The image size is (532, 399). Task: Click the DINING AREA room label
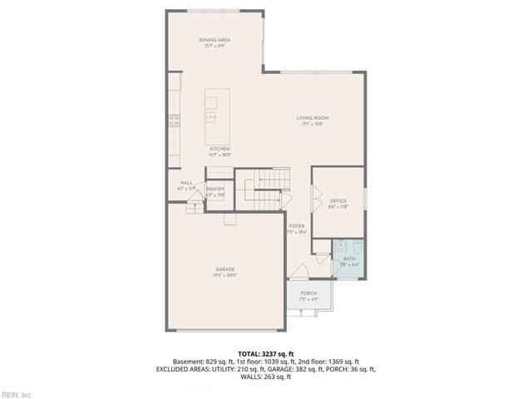tap(214, 40)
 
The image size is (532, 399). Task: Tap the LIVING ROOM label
tap(313, 118)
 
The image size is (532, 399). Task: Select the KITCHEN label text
tap(219, 149)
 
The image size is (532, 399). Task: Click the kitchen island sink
tap(212, 118)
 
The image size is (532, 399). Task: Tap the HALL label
tap(185, 184)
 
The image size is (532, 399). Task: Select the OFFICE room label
tap(337, 201)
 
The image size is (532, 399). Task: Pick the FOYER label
tap(297, 226)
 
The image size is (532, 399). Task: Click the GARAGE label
tap(225, 269)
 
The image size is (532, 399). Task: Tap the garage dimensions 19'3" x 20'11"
tap(225, 275)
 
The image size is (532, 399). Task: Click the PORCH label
tap(308, 293)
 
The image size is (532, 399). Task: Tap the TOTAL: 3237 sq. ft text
tap(265, 352)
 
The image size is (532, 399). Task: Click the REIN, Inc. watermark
tap(17, 394)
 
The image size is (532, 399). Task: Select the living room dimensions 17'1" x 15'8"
tap(313, 124)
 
